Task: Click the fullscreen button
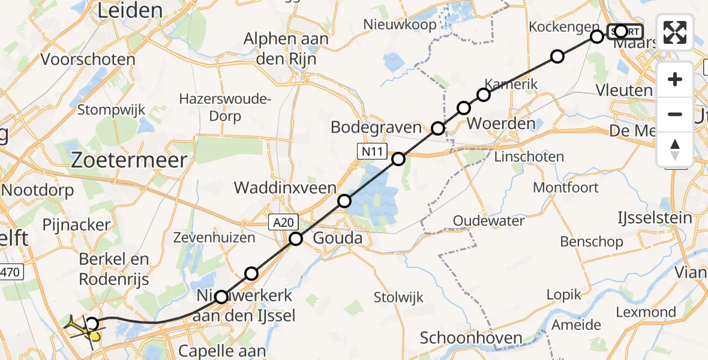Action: tap(675, 32)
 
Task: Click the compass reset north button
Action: tap(675, 149)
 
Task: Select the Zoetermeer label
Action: tap(130, 160)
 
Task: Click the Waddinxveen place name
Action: tap(286, 188)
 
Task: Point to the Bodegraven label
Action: tap(376, 127)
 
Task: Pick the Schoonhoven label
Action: tap(471, 337)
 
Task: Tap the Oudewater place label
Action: tap(488, 221)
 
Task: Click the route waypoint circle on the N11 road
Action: tap(398, 159)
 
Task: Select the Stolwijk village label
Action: tap(398, 297)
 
